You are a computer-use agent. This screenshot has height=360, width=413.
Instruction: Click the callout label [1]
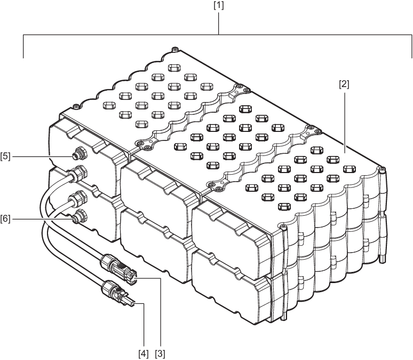(219, 5)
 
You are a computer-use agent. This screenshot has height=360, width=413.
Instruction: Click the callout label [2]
(344, 85)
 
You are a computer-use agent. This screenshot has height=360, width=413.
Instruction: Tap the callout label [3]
(160, 354)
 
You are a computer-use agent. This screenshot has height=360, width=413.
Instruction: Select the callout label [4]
(144, 354)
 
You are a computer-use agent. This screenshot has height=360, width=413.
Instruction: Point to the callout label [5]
(5, 156)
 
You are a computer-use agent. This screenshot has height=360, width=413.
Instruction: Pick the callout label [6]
(5, 218)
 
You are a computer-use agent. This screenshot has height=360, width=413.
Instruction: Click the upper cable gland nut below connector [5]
(78, 173)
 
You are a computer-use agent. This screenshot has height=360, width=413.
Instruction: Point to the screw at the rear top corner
(174, 49)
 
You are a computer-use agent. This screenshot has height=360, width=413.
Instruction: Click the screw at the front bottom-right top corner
(283, 226)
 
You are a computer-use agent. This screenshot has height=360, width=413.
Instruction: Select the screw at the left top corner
(76, 106)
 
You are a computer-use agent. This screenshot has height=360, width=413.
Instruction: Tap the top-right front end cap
(232, 237)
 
